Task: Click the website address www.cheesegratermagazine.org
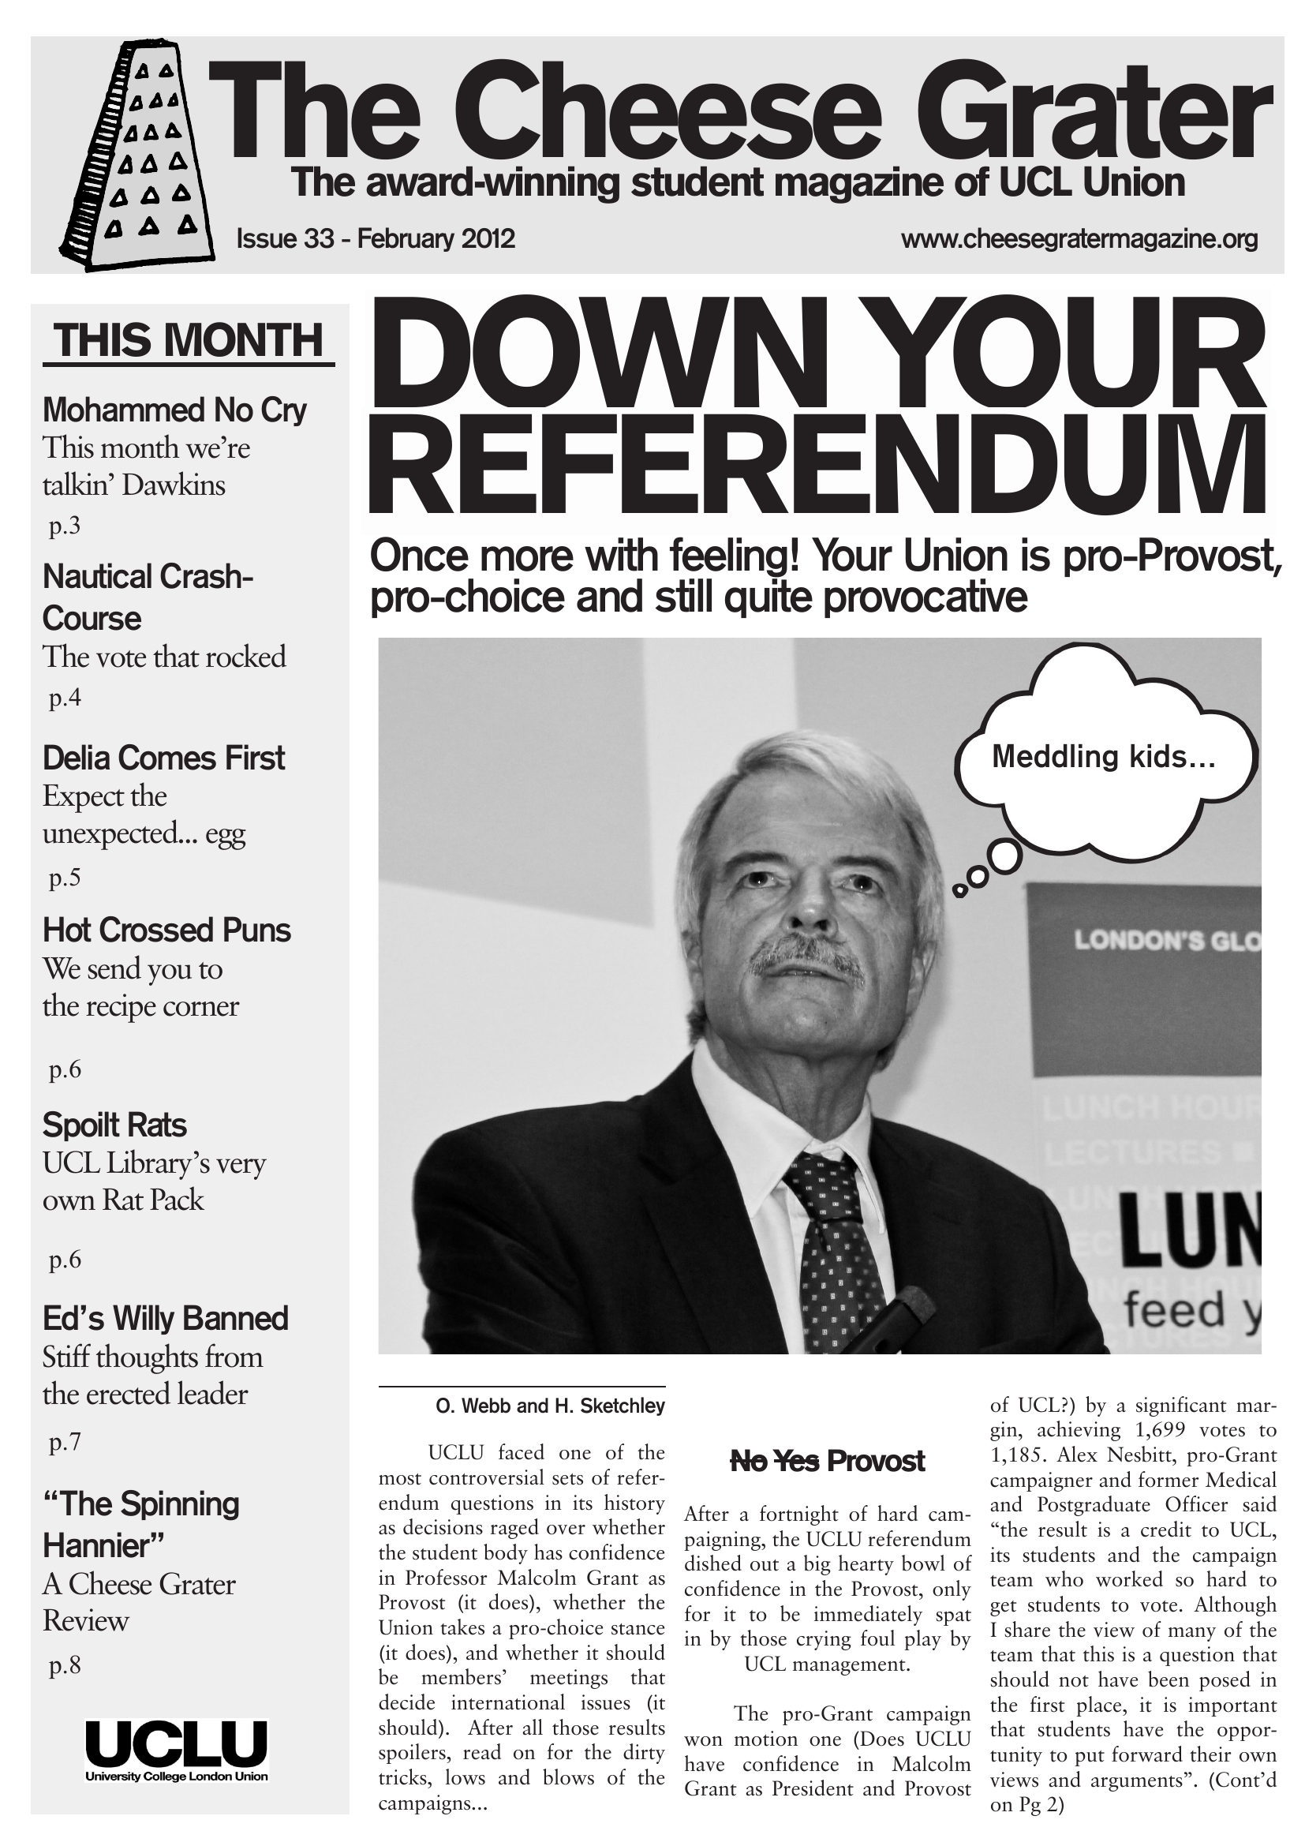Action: (1079, 240)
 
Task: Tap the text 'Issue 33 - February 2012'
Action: (376, 240)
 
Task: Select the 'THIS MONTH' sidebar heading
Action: (189, 340)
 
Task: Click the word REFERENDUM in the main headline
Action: (818, 467)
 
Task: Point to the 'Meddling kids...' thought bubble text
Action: (1102, 757)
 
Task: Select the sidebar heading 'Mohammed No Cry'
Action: (174, 410)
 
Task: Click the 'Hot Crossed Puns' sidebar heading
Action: (166, 930)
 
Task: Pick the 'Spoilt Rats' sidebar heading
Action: (114, 1125)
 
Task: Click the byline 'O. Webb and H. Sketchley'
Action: (550, 1406)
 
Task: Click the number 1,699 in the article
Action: (1165, 1430)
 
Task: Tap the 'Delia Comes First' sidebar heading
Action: (163, 758)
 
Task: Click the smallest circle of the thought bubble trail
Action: (959, 889)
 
